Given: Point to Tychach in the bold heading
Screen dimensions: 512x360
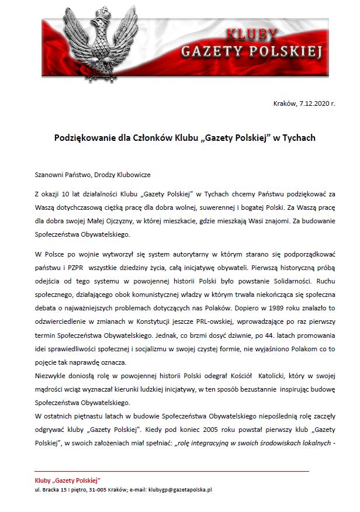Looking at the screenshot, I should [298, 139].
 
